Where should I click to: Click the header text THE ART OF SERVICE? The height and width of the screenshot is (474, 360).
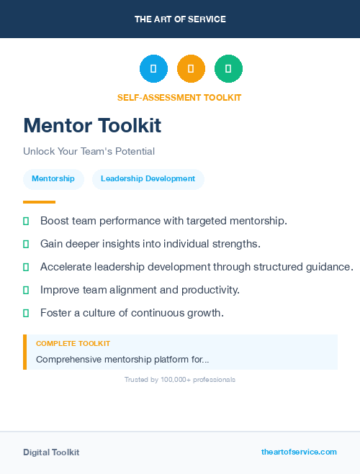click(x=180, y=19)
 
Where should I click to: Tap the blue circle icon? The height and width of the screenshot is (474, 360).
click(x=153, y=68)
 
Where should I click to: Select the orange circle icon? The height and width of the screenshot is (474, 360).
click(x=191, y=68)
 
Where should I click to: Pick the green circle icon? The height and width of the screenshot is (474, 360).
click(x=228, y=68)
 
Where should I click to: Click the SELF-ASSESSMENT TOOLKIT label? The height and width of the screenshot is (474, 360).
click(x=179, y=98)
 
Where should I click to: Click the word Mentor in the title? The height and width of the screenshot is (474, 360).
click(x=58, y=125)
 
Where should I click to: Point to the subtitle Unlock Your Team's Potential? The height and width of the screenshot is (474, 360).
click(x=89, y=152)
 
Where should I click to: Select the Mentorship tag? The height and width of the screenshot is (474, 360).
click(x=53, y=179)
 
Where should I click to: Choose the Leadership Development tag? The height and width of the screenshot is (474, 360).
click(x=148, y=179)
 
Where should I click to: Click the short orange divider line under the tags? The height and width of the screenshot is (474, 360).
click(x=39, y=202)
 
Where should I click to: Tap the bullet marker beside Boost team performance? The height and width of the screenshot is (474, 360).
click(x=26, y=221)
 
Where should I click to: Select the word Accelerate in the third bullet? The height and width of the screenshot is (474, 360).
click(x=65, y=267)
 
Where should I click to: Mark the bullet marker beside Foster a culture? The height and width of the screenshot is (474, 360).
click(x=26, y=313)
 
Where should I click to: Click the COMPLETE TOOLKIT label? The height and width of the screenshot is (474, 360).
click(x=73, y=344)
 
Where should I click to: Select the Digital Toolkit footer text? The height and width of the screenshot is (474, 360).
click(x=51, y=452)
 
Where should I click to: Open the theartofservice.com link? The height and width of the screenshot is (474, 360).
click(x=299, y=452)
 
